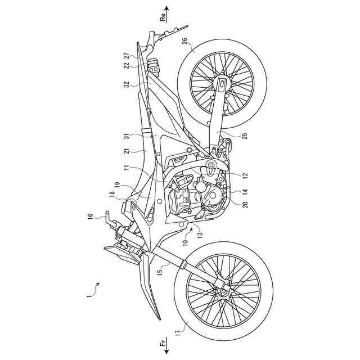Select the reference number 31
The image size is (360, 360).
tap(127, 136)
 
